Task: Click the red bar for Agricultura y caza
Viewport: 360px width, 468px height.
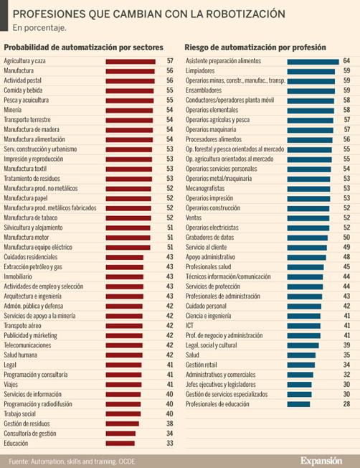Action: tap(131, 62)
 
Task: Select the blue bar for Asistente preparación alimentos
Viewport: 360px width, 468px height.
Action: tap(313, 62)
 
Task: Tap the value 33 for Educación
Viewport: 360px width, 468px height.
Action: tap(170, 443)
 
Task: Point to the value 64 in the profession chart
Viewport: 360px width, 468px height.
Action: tap(346, 61)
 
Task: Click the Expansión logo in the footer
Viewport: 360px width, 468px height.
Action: tap(321, 461)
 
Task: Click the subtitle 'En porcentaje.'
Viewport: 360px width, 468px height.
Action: tap(39, 28)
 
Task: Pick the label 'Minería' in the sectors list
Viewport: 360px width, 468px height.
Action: tap(12, 110)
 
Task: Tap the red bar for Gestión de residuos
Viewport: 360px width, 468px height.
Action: tap(123, 423)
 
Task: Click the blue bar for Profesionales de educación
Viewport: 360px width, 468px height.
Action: tap(298, 404)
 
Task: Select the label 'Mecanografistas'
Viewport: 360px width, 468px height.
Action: tap(205, 188)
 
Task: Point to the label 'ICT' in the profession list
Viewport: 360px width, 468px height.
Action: tap(189, 326)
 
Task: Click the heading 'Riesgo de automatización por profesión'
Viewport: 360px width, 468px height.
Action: tap(255, 47)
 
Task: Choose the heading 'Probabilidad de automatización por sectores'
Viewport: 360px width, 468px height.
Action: tap(83, 47)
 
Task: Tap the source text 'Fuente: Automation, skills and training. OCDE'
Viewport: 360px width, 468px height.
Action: tap(72, 462)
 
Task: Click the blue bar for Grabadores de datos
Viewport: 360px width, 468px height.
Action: tap(308, 238)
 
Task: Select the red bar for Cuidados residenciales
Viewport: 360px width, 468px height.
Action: tap(124, 258)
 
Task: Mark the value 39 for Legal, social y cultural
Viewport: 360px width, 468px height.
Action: tap(346, 345)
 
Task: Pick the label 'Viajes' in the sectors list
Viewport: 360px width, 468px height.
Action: tap(11, 385)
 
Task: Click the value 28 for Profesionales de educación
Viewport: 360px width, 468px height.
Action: tap(346, 404)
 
